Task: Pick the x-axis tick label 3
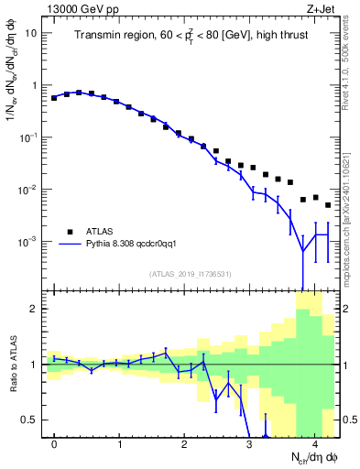coord(249,443)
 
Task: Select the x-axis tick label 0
coord(54,443)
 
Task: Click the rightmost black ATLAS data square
coord(328,205)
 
